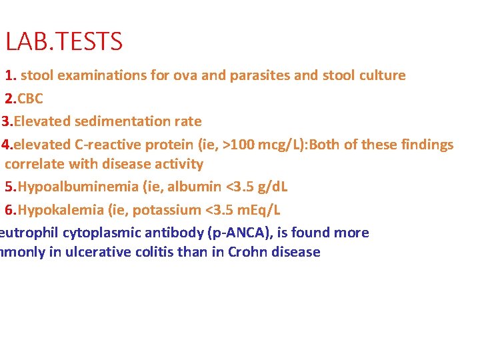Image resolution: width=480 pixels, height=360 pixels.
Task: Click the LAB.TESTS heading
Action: click(x=64, y=42)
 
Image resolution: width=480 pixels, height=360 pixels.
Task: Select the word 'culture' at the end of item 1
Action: click(x=382, y=75)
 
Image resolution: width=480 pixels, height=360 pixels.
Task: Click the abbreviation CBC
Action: click(x=30, y=99)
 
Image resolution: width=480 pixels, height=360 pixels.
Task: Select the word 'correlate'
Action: click(x=33, y=164)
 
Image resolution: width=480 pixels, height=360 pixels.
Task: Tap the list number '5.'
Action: click(x=11, y=187)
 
